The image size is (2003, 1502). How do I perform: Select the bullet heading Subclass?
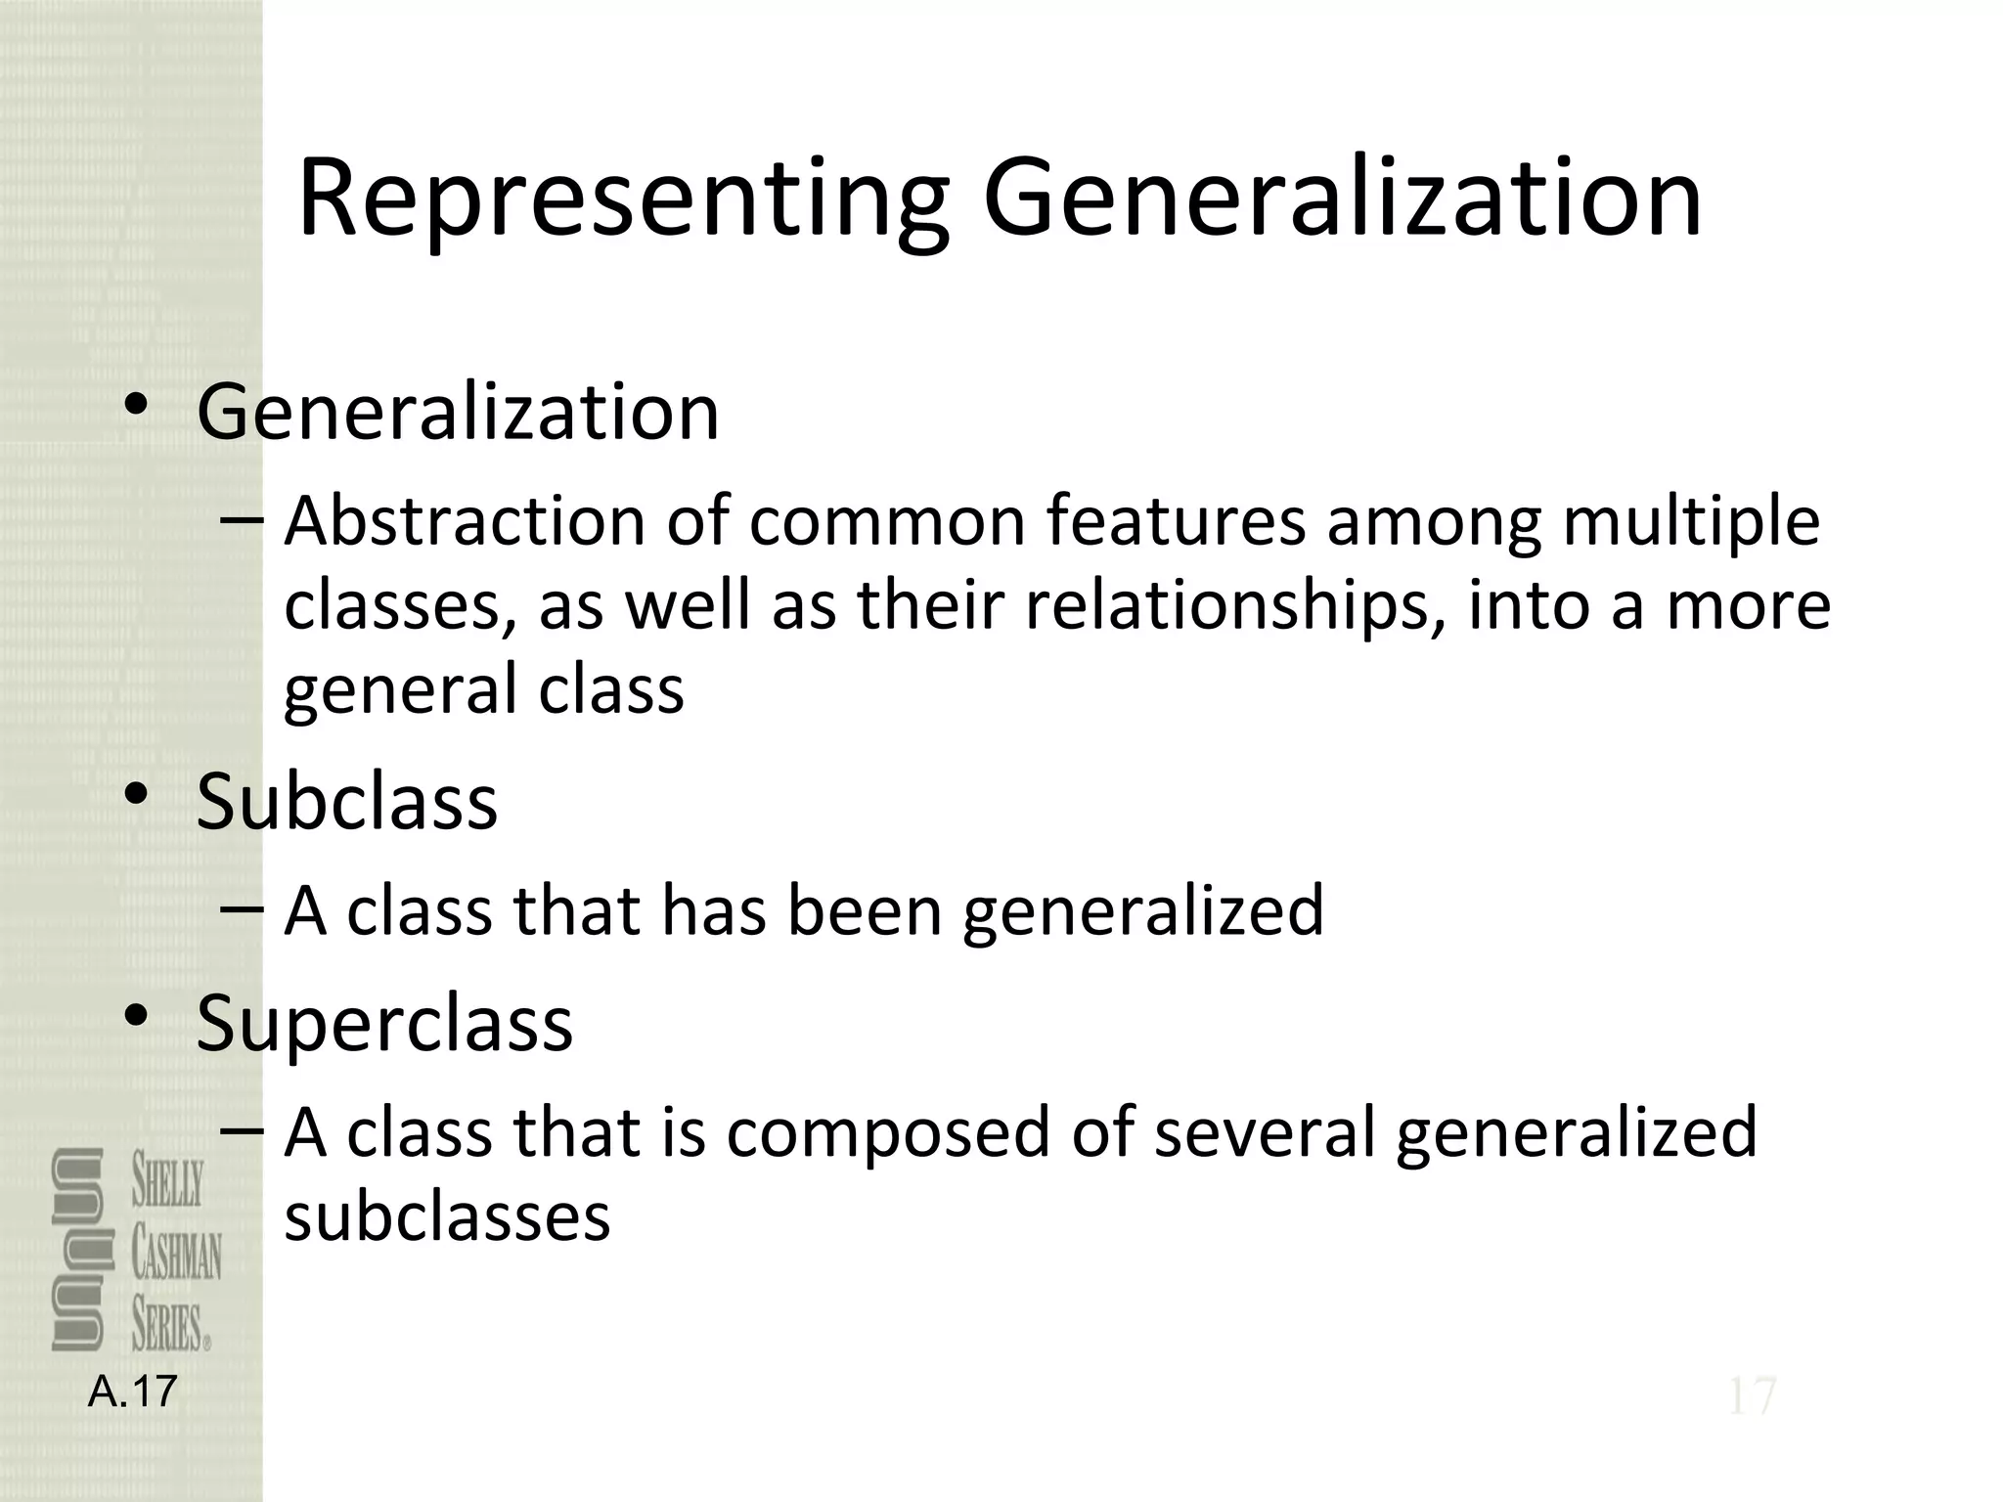tap(346, 802)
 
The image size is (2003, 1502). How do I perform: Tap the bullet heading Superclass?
tap(384, 1023)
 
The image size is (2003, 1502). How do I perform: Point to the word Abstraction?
tap(465, 520)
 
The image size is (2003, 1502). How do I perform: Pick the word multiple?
tap(1691, 522)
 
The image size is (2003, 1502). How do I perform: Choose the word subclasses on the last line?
tap(447, 1217)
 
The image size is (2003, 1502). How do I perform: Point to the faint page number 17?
tap(1751, 1396)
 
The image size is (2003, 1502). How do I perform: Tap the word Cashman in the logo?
tap(177, 1255)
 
